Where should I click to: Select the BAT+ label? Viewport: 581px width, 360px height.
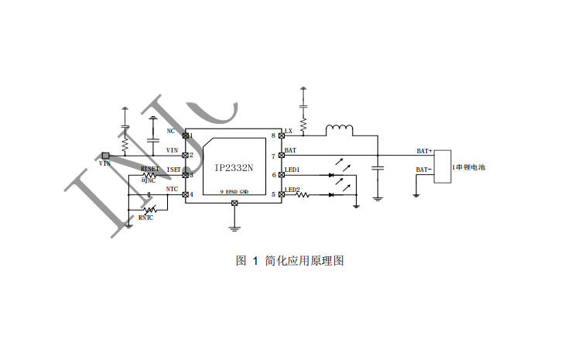[425, 151]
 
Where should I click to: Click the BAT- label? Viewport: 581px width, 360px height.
[424, 169]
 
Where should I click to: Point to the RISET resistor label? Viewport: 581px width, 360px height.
[149, 168]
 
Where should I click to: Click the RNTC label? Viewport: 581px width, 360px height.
[145, 218]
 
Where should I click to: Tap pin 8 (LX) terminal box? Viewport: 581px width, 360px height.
[282, 135]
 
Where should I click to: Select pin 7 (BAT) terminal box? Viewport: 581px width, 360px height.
[282, 155]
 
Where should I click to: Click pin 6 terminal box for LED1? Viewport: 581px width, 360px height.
[282, 175]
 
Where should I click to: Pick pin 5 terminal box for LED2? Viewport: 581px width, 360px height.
[282, 194]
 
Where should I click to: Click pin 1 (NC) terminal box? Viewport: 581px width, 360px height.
[185, 135]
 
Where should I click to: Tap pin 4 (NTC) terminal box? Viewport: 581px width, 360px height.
[185, 194]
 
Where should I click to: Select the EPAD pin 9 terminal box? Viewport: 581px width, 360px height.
[234, 203]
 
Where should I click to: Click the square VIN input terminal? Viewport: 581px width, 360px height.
[105, 155]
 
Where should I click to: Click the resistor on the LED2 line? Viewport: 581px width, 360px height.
[303, 194]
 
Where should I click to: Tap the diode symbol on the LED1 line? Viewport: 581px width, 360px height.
[331, 175]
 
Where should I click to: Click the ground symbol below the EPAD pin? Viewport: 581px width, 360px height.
[234, 227]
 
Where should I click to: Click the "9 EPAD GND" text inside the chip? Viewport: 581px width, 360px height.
[234, 191]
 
